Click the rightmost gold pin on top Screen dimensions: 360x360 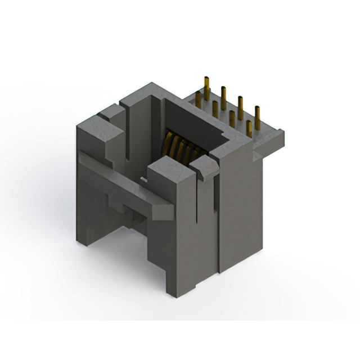pos(258,118)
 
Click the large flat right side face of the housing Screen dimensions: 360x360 pos(239,208)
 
